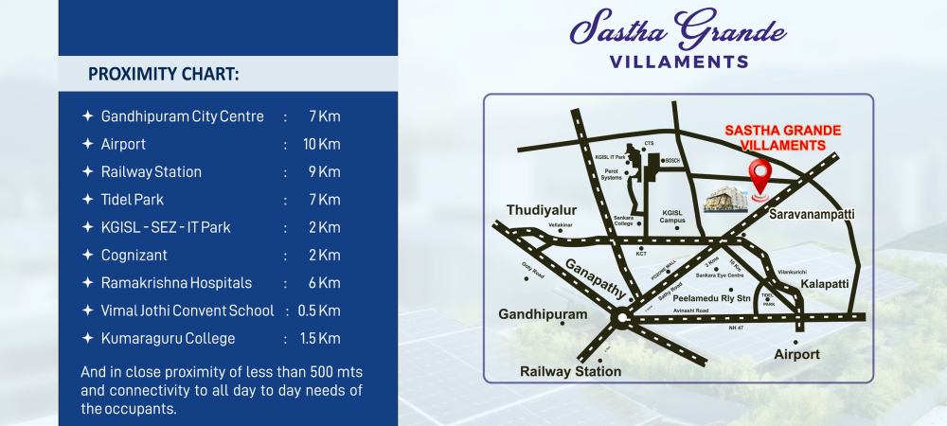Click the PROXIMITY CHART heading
pyautogui.click(x=163, y=74)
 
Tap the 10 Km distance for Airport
pyautogui.click(x=321, y=144)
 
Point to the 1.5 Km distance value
pyautogui.click(x=321, y=338)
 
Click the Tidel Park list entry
pyautogui.click(x=132, y=200)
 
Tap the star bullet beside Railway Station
pyautogui.click(x=87, y=172)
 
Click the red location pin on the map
pyautogui.click(x=759, y=176)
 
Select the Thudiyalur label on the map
pyautogui.click(x=541, y=209)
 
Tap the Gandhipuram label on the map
pyautogui.click(x=543, y=313)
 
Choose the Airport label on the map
pyautogui.click(x=796, y=354)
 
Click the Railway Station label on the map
pyautogui.click(x=570, y=371)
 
